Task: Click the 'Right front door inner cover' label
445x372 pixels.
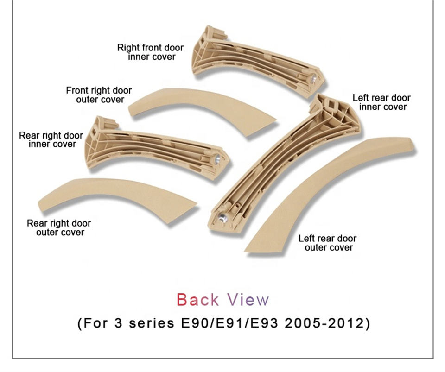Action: [x=150, y=52]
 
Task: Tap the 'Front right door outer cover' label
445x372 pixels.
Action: [x=99, y=95]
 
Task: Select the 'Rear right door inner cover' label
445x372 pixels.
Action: [x=51, y=139]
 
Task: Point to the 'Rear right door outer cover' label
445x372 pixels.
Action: [x=59, y=227]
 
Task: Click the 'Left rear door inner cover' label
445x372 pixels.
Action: [x=381, y=102]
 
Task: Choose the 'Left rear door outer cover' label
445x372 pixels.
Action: [x=328, y=243]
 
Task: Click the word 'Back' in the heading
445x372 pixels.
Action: [x=198, y=300]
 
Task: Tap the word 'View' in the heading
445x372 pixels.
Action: [x=248, y=300]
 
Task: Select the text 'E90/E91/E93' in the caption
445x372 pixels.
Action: [x=229, y=323]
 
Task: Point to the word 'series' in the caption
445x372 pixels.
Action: [x=152, y=323]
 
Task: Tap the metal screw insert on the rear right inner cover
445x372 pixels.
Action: [x=217, y=159]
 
